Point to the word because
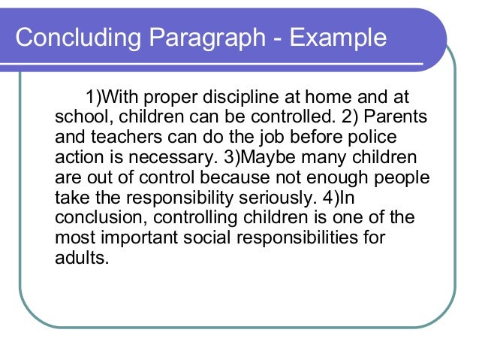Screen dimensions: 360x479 coord(236,178)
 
